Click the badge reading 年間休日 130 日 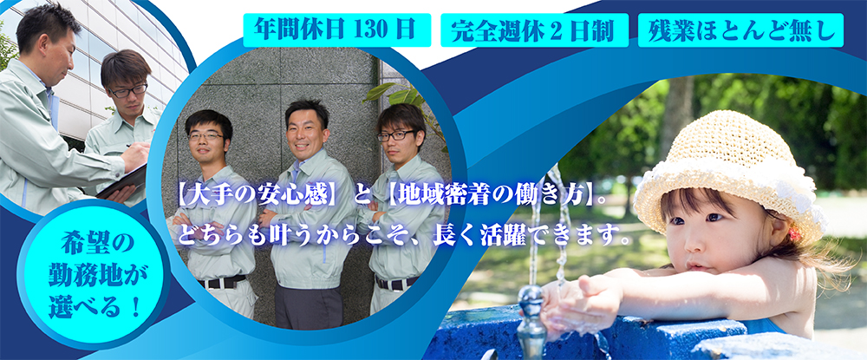coord(336,29)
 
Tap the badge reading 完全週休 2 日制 coord(534,29)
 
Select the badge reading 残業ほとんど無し coord(740,29)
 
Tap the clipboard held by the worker coord(123,181)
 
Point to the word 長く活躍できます coord(538,237)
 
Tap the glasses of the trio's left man coord(206,135)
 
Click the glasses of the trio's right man coord(396,135)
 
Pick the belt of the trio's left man coord(221,282)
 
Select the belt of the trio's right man coord(396,283)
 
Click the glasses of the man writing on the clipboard coord(129,90)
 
